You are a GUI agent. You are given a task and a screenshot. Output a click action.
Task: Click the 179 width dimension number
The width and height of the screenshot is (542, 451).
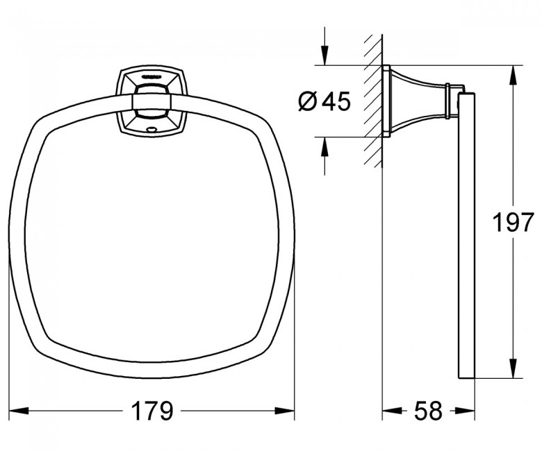(152, 411)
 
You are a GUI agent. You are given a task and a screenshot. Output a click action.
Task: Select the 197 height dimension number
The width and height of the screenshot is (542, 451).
(513, 223)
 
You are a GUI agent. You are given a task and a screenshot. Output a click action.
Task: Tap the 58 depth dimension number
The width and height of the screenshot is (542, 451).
(428, 411)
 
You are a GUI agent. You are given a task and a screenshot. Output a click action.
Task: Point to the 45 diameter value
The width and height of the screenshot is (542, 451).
(336, 101)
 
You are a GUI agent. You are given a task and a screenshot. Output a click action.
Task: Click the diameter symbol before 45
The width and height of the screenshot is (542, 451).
(307, 101)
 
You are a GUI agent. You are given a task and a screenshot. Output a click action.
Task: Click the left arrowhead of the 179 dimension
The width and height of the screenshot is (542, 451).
(18, 411)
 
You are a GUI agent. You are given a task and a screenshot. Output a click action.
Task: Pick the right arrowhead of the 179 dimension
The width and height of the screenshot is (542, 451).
(285, 411)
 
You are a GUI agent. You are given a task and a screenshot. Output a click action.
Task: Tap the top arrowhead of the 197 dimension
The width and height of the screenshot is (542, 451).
(513, 75)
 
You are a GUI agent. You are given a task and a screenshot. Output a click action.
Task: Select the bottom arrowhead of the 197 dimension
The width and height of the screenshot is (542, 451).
(513, 368)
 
